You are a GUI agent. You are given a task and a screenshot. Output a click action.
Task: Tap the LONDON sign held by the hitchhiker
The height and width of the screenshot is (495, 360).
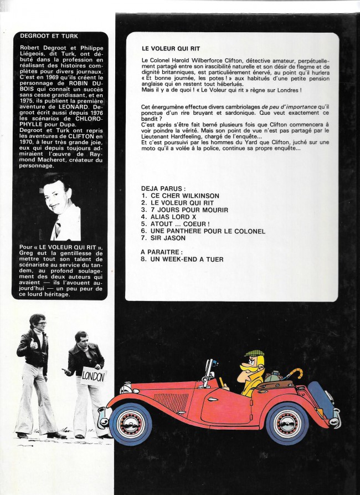(92, 377)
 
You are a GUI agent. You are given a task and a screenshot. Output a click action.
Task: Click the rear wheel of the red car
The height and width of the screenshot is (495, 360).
(287, 423)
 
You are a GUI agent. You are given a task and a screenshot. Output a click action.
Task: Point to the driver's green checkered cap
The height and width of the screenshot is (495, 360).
(254, 354)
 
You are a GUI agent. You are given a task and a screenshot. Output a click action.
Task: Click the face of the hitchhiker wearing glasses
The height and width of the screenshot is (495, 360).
(39, 325)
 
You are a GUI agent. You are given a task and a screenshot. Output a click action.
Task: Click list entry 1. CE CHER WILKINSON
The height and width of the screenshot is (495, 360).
(180, 196)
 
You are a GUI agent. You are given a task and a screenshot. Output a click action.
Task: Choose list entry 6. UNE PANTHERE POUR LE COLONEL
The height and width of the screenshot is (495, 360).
(203, 231)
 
